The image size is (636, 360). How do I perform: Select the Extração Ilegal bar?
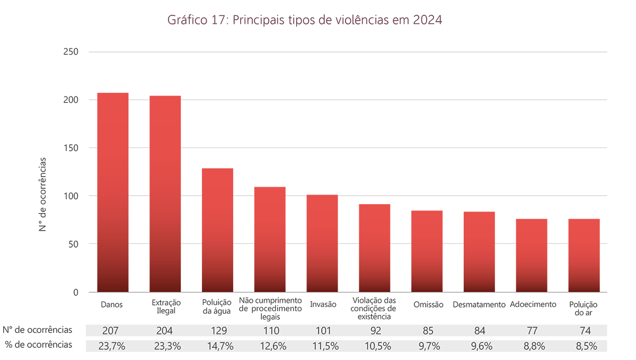tap(165, 194)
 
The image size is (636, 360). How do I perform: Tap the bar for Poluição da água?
tap(217, 230)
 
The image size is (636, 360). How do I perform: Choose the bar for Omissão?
tap(427, 251)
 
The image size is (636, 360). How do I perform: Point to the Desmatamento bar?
tap(479, 252)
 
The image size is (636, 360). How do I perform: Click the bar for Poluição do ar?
tap(584, 256)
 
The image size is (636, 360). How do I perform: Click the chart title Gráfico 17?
tap(304, 20)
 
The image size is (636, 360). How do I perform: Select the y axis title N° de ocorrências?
tap(43, 194)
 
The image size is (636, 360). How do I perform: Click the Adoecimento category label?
tap(533, 305)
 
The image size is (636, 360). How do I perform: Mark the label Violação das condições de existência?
tap(374, 309)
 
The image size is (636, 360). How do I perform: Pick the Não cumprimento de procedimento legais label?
tap(270, 309)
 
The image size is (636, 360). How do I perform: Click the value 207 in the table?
tap(112, 331)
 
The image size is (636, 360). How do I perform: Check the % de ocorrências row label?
tap(38, 345)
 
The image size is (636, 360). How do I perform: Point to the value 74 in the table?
tap(585, 331)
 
